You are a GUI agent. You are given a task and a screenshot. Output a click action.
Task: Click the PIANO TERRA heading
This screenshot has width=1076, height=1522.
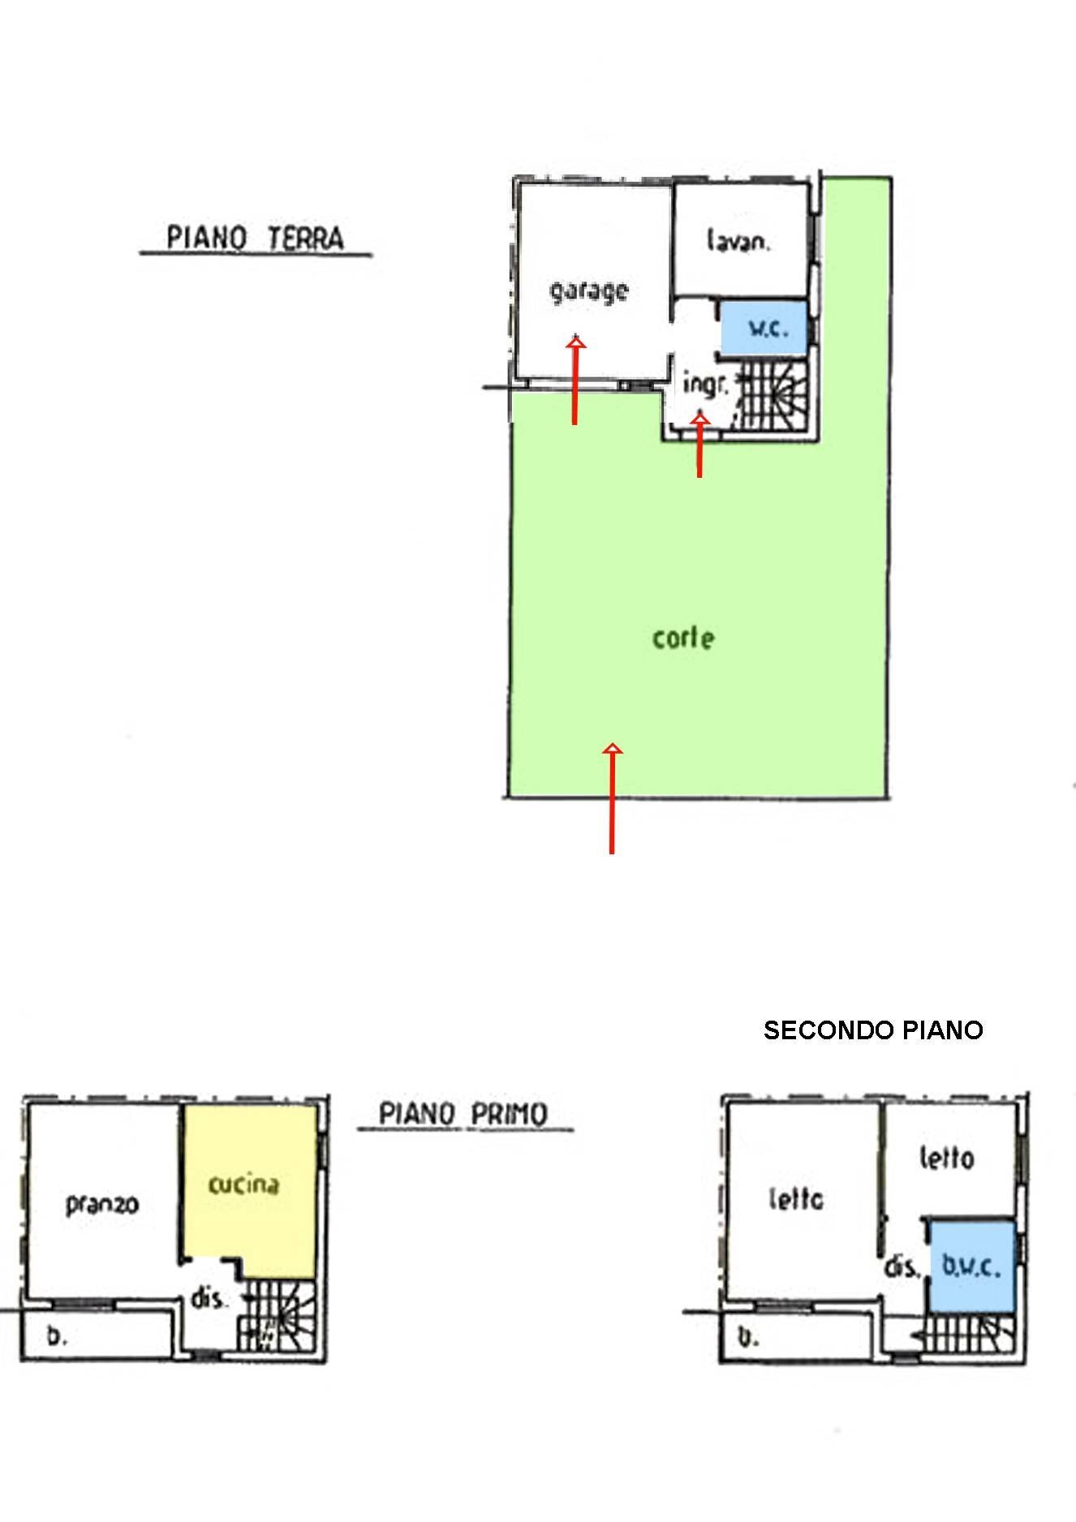click(x=255, y=239)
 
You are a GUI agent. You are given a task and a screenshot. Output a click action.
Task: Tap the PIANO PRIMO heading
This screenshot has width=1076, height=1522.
click(x=463, y=1113)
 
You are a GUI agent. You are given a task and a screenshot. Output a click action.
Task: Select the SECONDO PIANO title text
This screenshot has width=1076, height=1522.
click(x=873, y=1030)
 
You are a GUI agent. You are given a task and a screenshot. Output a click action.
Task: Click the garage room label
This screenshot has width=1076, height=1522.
click(x=589, y=290)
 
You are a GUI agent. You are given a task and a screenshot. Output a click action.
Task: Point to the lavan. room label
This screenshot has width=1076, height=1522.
click(x=738, y=241)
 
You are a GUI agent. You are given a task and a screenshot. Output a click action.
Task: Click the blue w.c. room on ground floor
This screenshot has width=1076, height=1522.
click(x=765, y=327)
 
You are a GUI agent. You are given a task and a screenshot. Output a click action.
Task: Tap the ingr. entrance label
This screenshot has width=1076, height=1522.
click(x=705, y=384)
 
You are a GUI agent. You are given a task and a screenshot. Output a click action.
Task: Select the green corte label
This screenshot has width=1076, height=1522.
click(x=683, y=638)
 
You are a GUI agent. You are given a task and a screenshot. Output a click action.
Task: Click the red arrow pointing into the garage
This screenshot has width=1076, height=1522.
click(x=575, y=381)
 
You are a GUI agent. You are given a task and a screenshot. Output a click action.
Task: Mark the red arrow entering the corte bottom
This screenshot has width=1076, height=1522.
click(x=613, y=798)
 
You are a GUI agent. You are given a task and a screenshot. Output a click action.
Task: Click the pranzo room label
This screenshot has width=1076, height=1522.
click(x=102, y=1205)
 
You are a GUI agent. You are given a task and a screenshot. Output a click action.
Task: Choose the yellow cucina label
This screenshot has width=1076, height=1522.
click(x=243, y=1184)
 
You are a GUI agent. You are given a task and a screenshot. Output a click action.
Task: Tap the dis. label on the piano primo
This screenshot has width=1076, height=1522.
click(x=208, y=1298)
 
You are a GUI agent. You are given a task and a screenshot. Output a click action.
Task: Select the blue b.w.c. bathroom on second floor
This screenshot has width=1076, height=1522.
click(x=971, y=1266)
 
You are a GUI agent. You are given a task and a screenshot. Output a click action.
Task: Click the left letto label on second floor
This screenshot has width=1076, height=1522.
click(x=796, y=1198)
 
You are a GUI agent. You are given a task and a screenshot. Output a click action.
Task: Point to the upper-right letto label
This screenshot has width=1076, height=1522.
click(x=946, y=1158)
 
